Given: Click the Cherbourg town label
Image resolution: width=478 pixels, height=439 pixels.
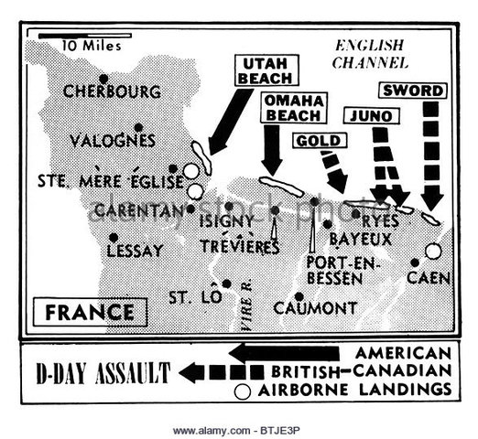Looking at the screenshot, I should click(x=112, y=92).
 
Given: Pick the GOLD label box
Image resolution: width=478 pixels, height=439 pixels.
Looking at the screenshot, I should click(x=320, y=140).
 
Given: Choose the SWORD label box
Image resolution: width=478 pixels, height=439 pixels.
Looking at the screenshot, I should click(x=413, y=91).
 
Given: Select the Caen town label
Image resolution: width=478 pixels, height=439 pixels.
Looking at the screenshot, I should click(x=427, y=277).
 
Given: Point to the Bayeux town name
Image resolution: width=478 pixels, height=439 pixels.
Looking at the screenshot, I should click(x=360, y=239).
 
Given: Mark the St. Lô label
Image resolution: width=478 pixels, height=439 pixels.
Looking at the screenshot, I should click(x=190, y=296).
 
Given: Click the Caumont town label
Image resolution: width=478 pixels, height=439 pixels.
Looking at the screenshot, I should click(x=314, y=307).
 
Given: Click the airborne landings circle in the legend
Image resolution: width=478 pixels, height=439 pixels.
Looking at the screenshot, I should click(x=243, y=391).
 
